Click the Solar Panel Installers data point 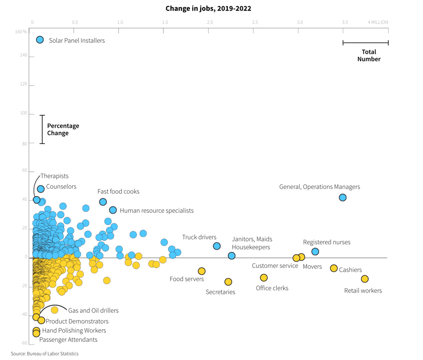click(40, 40)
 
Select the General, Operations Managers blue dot click(342, 197)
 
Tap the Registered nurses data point click(315, 252)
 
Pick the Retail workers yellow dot click(364, 279)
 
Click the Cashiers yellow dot click(334, 268)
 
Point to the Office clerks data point click(264, 278)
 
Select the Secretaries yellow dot click(228, 282)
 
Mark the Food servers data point click(202, 271)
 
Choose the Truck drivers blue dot click(217, 246)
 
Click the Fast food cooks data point click(103, 202)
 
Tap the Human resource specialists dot click(113, 210)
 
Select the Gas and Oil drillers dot click(55, 310)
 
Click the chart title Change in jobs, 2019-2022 click(208, 8)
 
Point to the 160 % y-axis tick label click(21, 32)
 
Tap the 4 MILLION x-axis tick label click(378, 22)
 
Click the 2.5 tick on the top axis click(255, 22)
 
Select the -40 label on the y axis click(24, 314)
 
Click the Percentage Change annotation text click(63, 130)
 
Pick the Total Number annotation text click(369, 56)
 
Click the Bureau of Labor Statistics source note click(45, 353)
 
